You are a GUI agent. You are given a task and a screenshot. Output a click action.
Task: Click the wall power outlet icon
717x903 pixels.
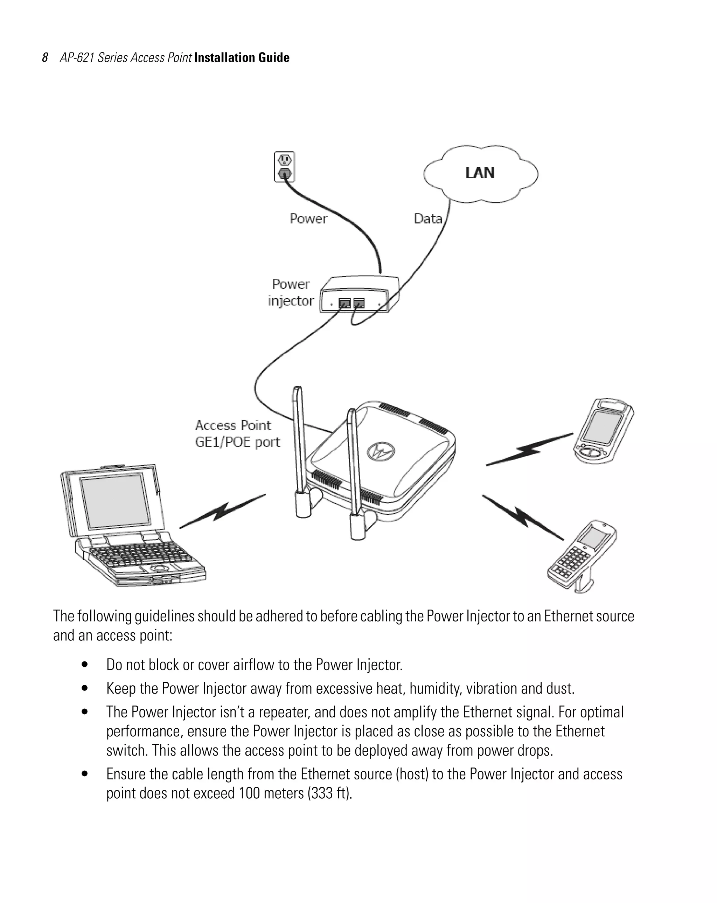[x=284, y=167]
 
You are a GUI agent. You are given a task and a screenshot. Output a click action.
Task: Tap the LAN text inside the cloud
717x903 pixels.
[x=480, y=173]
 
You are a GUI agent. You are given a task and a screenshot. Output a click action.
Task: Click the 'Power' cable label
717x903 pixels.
[x=308, y=218]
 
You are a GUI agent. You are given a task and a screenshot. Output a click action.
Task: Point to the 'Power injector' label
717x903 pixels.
[x=291, y=292]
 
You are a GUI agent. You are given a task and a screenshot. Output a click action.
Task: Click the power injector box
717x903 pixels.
[x=359, y=294]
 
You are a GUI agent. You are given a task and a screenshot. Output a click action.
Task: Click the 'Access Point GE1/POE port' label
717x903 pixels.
[x=237, y=433]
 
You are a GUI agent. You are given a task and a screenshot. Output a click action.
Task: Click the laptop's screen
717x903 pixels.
[x=115, y=500]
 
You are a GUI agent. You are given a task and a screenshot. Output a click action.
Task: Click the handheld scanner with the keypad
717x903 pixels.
[x=582, y=555]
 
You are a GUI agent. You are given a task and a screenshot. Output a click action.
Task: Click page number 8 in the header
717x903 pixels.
[x=45, y=58]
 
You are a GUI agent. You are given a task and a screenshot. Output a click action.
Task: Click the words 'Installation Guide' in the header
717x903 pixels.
[x=242, y=58]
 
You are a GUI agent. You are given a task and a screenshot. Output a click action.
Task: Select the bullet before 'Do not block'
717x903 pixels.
[x=85, y=664]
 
